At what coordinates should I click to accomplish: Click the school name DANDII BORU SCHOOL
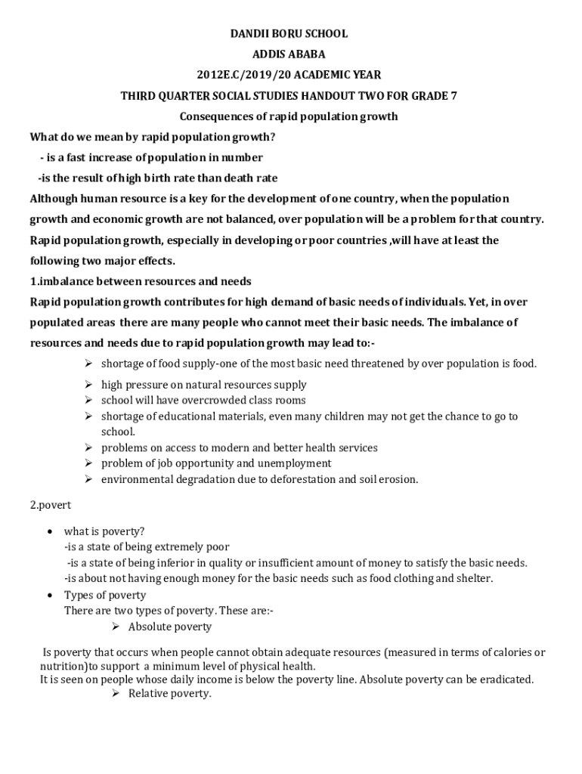289,34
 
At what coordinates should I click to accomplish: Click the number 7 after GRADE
453,96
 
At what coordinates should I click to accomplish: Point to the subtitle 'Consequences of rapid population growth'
288,116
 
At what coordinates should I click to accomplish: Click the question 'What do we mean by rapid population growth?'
151,137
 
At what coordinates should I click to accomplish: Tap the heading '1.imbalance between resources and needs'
140,281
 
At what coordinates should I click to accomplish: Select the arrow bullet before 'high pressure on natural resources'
88,385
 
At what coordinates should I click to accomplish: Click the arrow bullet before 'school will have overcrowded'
88,400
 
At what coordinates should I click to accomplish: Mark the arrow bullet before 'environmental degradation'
88,479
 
